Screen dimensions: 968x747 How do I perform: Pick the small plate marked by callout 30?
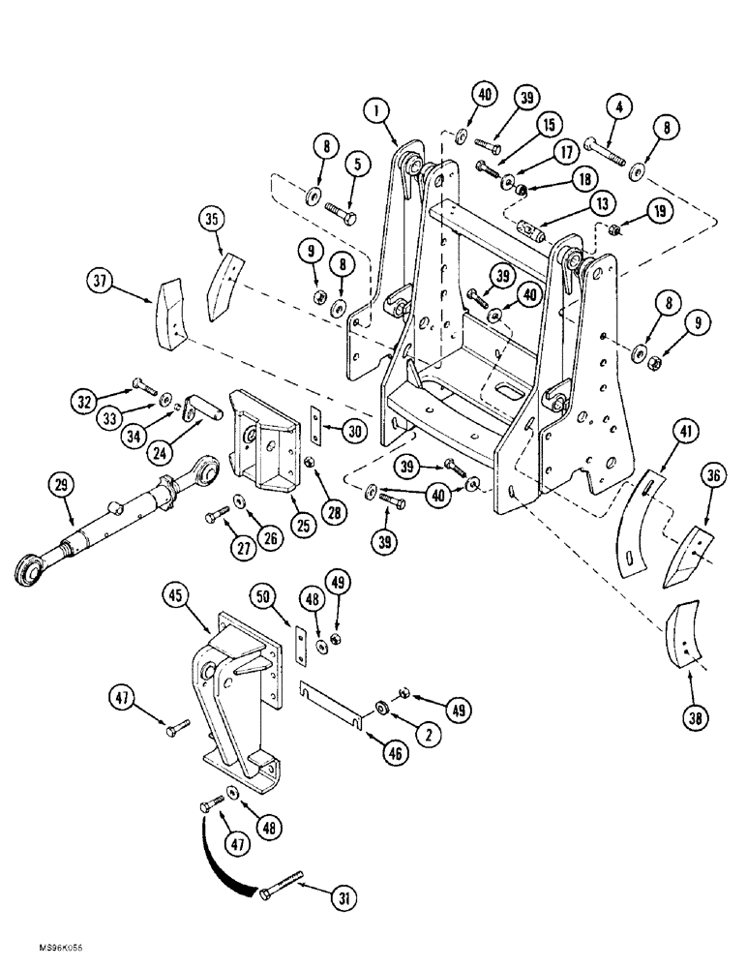pos(314,422)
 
